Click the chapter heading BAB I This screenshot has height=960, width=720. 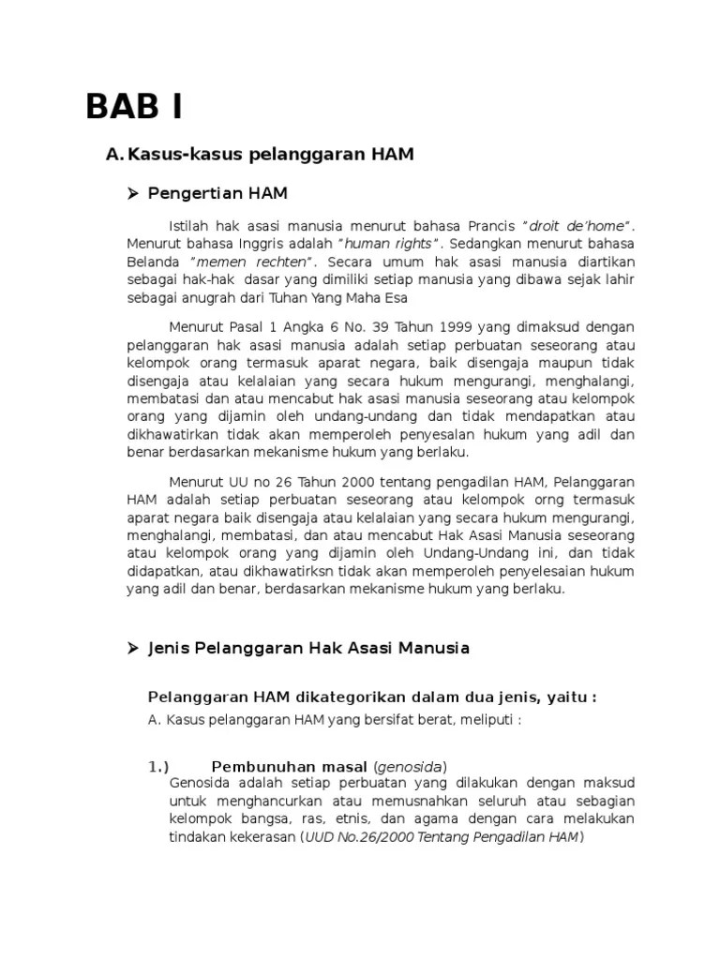pyautogui.click(x=135, y=108)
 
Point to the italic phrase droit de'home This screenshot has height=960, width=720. pyautogui.click(x=579, y=227)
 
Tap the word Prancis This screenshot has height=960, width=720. pyautogui.click(x=489, y=227)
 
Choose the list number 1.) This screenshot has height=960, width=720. pyautogui.click(x=158, y=766)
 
